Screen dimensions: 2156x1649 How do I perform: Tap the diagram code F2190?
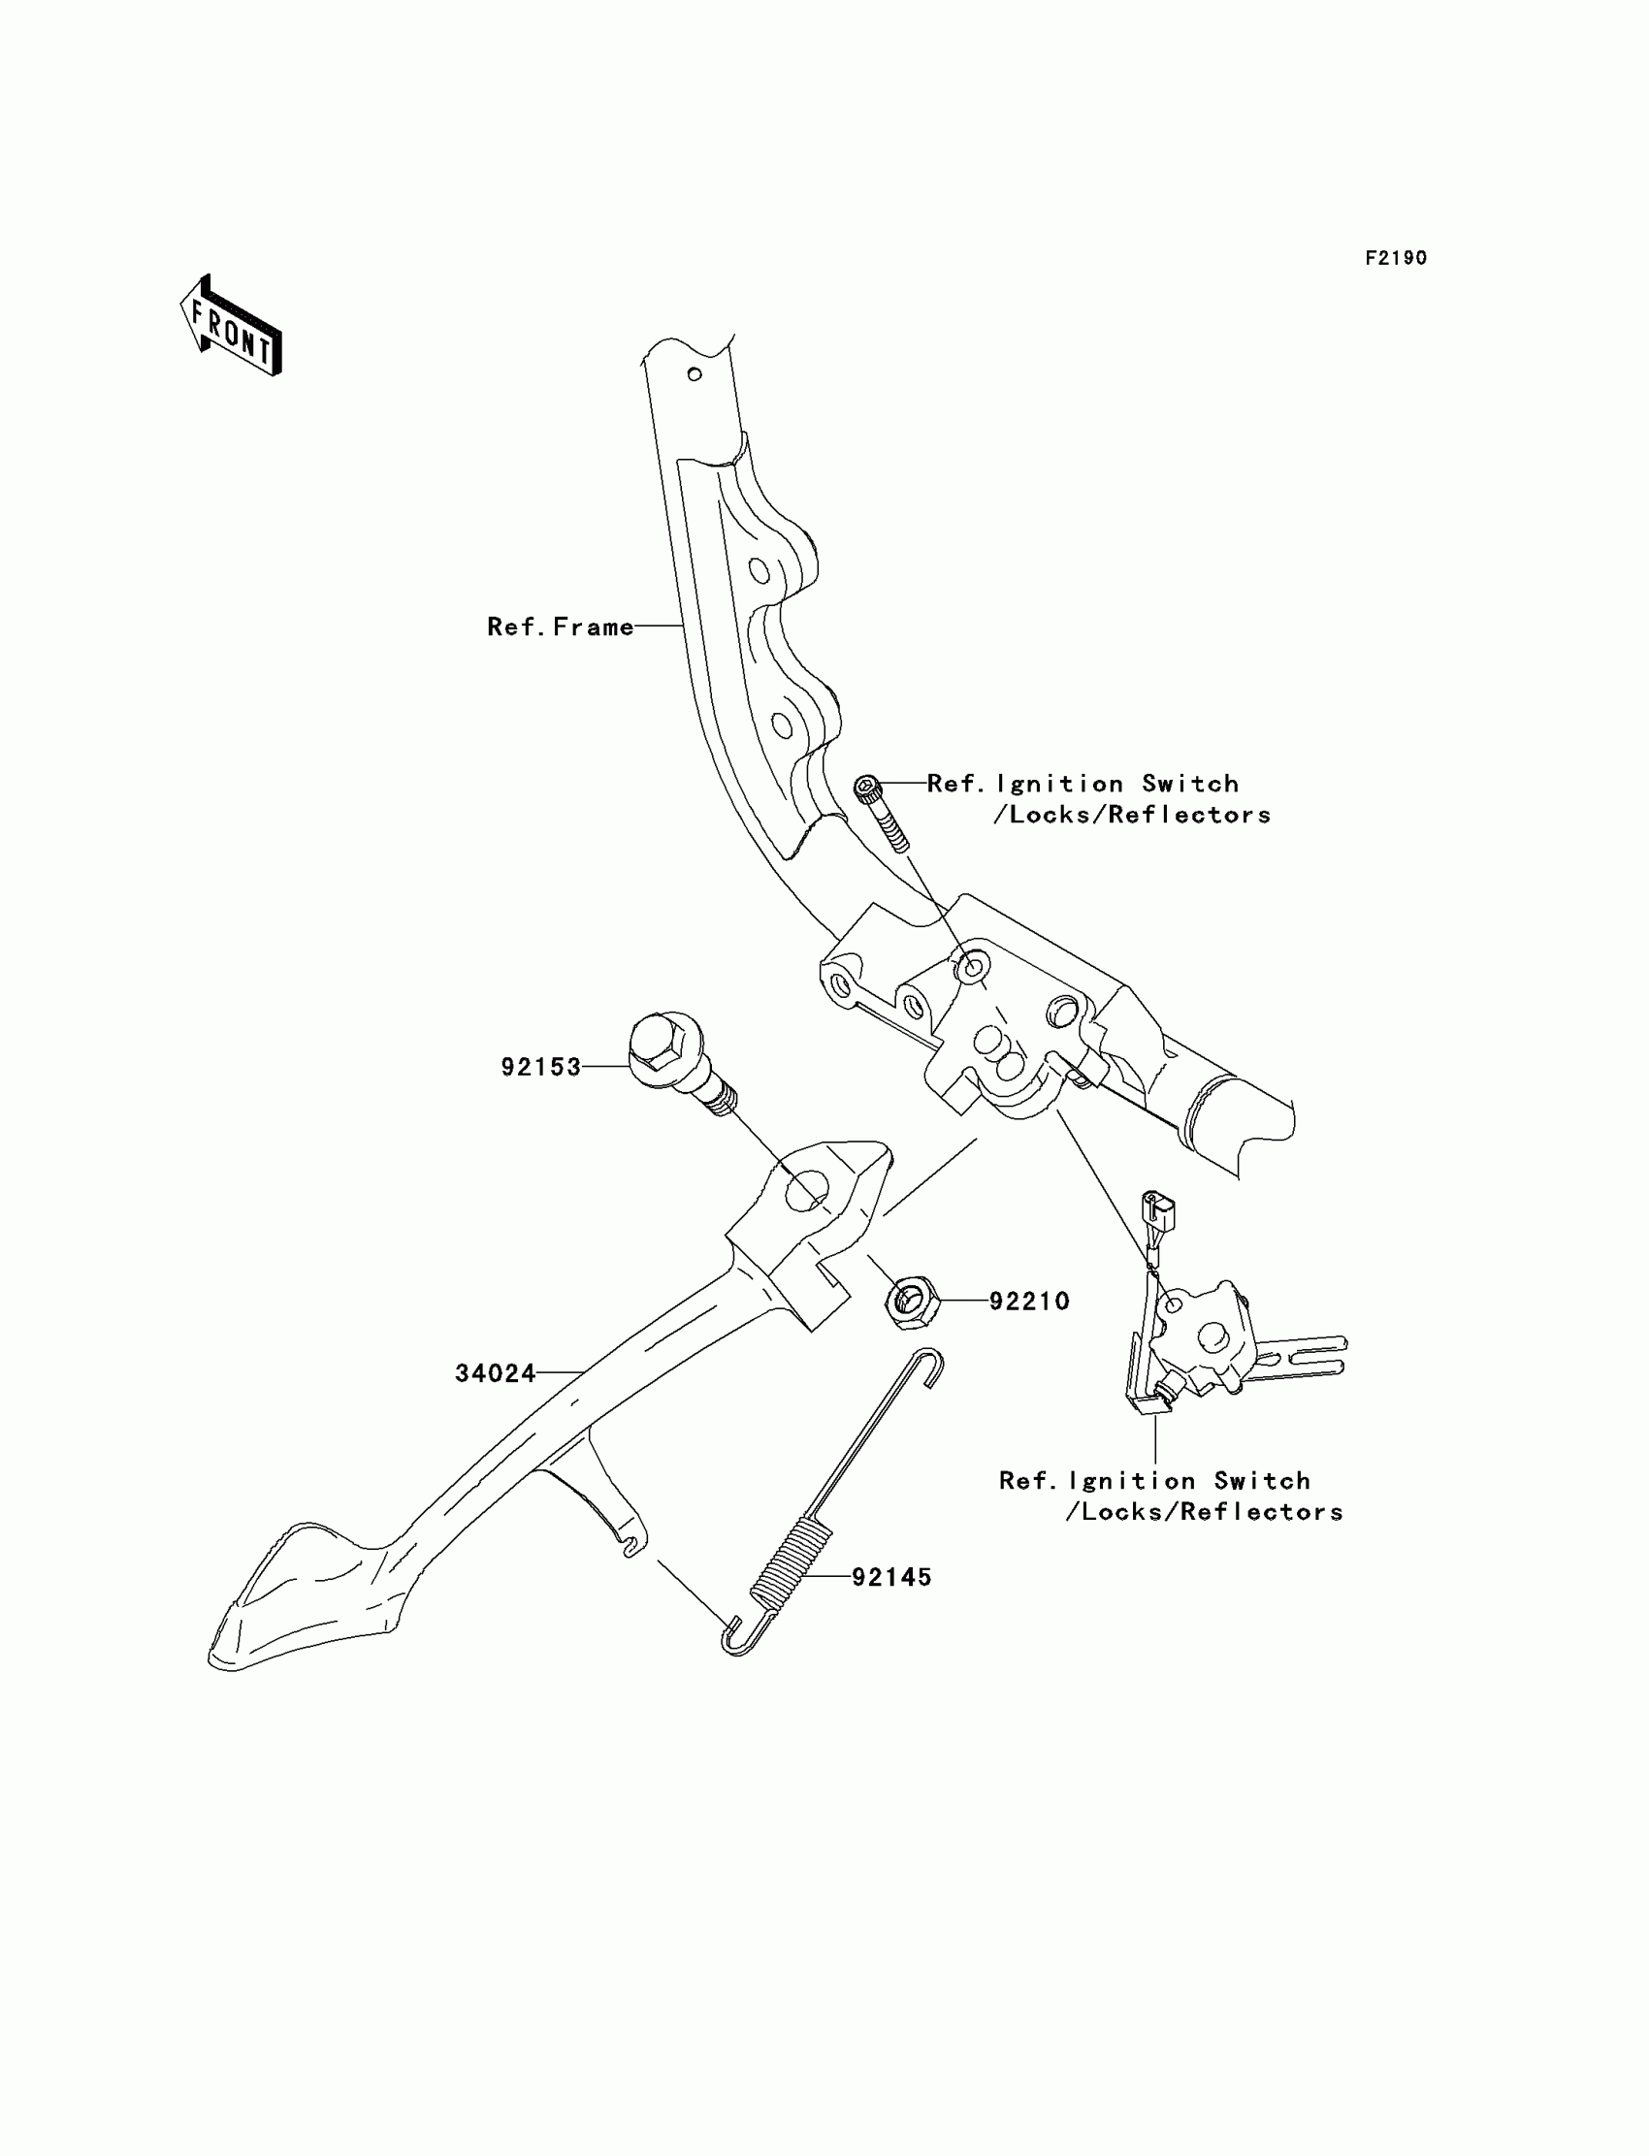point(1396,258)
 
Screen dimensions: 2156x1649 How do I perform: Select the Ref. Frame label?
point(561,627)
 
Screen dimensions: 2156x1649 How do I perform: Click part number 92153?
point(541,1067)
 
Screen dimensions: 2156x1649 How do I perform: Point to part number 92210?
point(1028,1302)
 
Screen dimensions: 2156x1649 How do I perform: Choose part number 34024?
point(495,1374)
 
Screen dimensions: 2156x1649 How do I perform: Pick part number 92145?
point(891,1577)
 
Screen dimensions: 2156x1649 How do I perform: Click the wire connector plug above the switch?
point(1158,1214)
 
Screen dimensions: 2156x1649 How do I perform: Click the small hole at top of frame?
point(694,374)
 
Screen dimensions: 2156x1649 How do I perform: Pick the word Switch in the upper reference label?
point(1189,784)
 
